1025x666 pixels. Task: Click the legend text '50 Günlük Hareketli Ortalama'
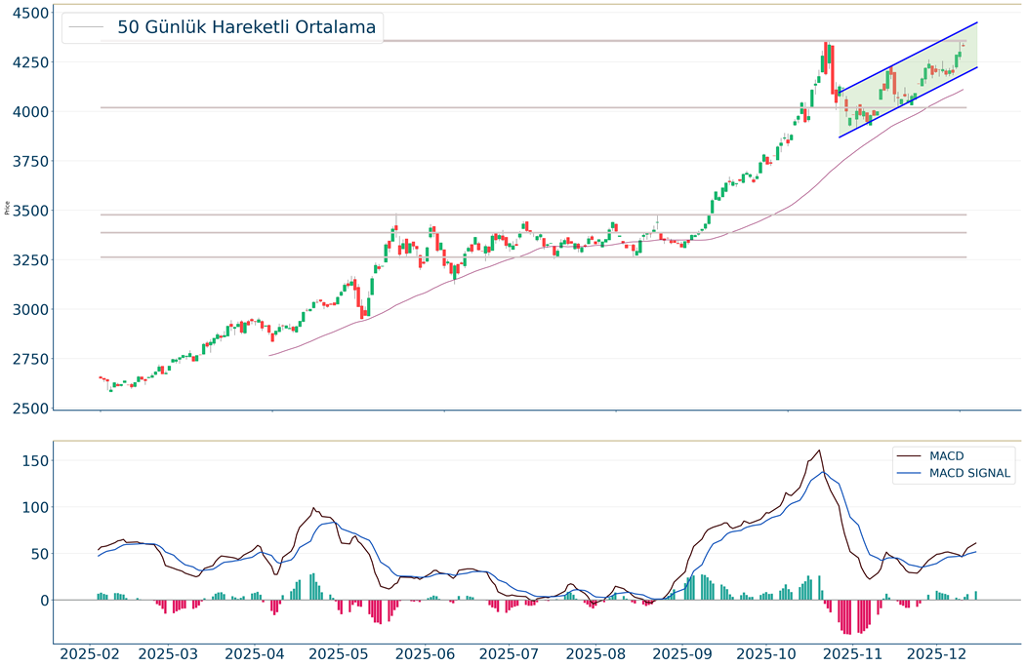246,27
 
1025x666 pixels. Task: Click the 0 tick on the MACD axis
43,601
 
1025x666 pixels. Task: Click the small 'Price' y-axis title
8,208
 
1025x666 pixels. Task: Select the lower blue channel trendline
908,103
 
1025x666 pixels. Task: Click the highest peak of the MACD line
819,451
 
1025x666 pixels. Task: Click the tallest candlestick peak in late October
826,43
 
